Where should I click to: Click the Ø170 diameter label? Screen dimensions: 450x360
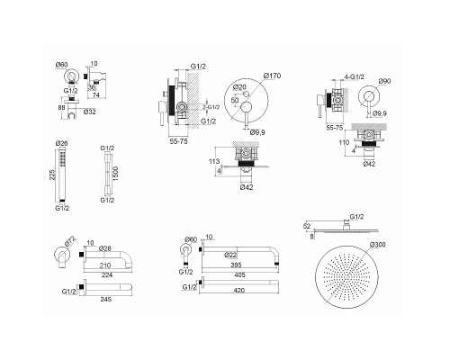coord(273,76)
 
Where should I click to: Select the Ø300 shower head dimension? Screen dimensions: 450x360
coord(378,245)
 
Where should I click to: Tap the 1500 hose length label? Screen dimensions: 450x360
coord(116,174)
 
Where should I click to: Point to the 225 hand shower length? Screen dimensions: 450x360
coord(52,175)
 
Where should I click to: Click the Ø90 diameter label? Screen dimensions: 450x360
coord(384,81)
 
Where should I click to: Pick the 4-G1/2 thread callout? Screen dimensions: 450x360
coord(355,76)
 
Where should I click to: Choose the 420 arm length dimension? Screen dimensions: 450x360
coord(239,290)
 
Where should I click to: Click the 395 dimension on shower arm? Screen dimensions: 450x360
coord(236,265)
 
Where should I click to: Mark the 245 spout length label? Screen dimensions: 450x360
coord(106,299)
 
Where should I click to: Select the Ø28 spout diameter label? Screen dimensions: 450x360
coord(105,248)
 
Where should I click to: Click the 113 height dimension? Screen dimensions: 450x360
coord(214,161)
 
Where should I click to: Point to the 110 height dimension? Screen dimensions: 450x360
coord(344,142)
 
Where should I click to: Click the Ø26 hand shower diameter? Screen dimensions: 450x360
coord(62,143)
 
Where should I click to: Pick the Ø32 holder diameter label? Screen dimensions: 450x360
coord(90,112)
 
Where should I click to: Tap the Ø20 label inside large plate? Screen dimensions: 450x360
coord(239,87)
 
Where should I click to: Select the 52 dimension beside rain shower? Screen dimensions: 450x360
coord(307,227)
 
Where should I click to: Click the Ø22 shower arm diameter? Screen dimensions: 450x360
coord(230,255)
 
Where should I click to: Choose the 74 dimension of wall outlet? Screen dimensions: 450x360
coord(96,95)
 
